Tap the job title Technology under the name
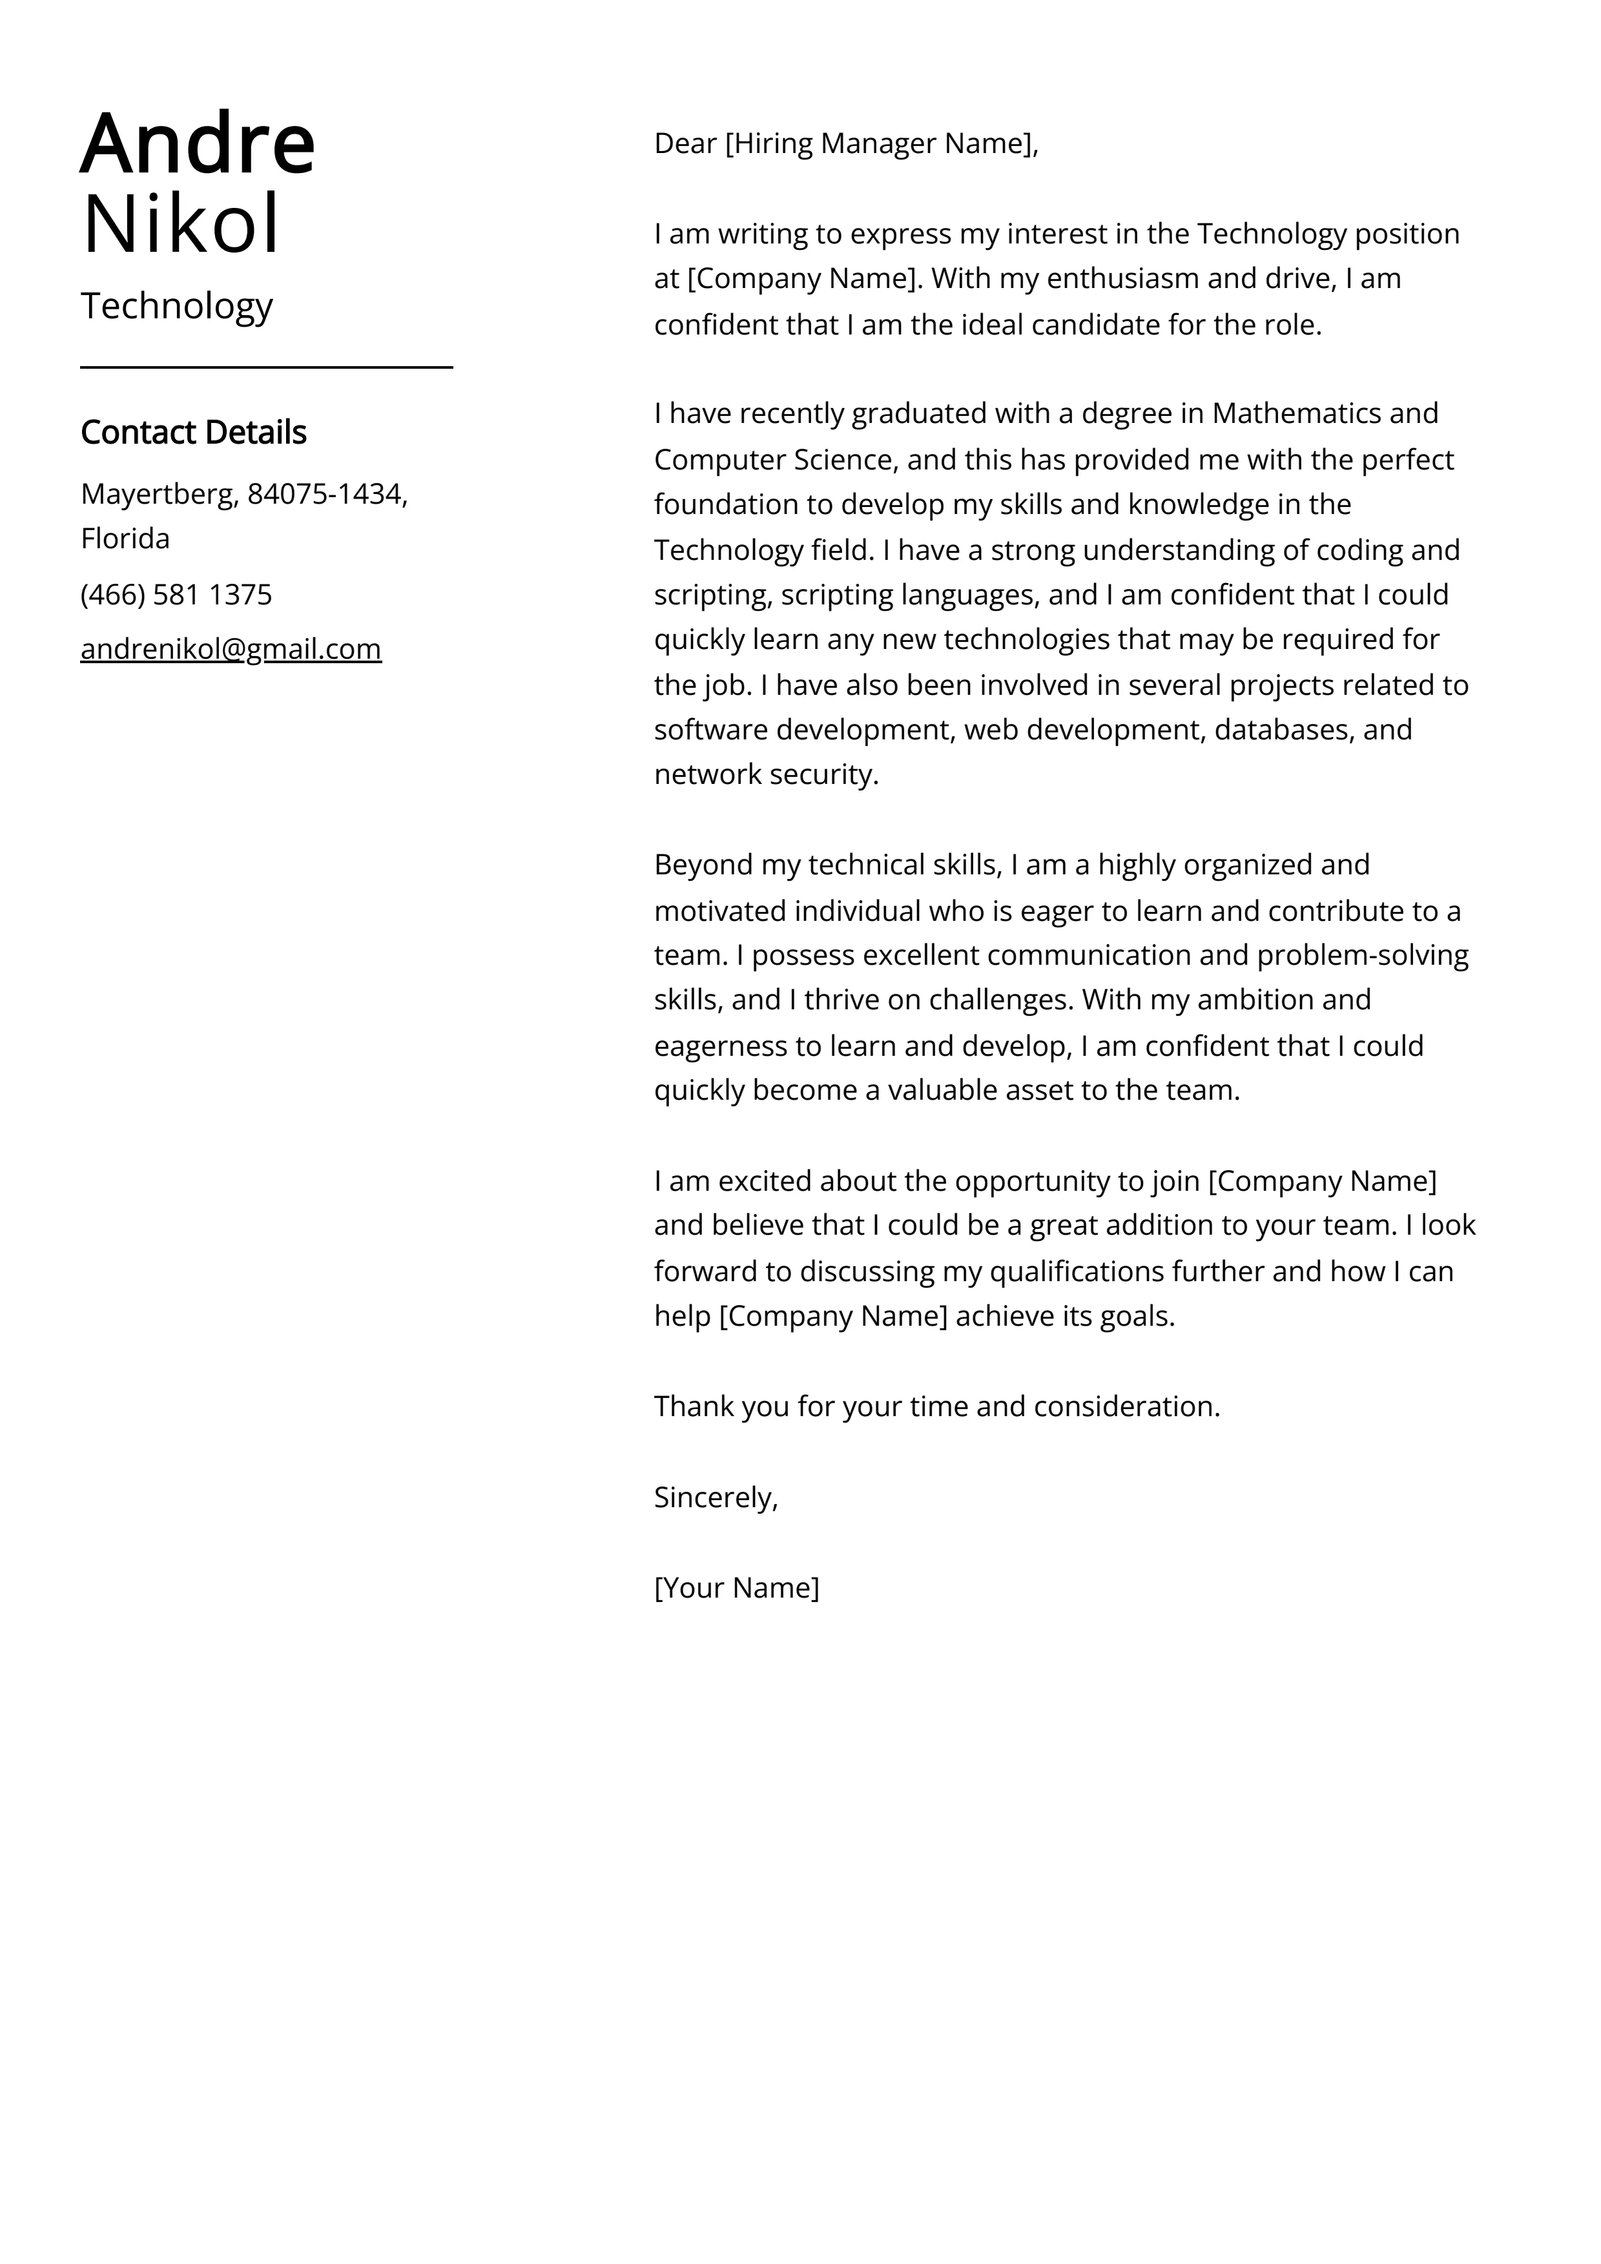(x=176, y=307)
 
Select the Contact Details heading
(x=193, y=432)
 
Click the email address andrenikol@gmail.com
(x=231, y=649)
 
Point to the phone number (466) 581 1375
(x=176, y=595)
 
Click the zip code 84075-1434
(x=327, y=493)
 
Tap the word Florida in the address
(x=125, y=539)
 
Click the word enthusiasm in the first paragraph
(x=1122, y=279)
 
